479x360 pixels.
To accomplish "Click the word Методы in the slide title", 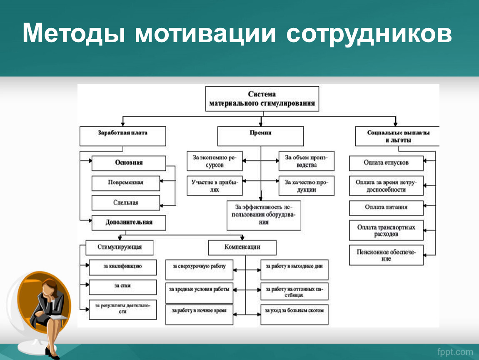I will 74,34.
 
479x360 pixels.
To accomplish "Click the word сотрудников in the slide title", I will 369,34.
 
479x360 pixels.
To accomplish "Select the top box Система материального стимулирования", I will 262,99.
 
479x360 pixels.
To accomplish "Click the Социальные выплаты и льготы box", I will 398,136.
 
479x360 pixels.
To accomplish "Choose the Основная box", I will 129,163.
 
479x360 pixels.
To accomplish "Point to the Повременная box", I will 125,183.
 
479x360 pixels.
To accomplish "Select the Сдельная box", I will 125,202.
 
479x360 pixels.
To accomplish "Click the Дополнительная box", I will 129,222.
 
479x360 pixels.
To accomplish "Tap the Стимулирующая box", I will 120,247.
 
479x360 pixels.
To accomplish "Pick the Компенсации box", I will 242,247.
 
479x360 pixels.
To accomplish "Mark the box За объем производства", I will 306,161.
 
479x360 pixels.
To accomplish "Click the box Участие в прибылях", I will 214,186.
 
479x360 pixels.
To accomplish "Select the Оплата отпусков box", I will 386,163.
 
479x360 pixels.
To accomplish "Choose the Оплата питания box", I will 386,207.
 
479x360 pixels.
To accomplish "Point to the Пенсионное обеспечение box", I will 386,255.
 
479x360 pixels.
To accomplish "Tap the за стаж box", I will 122,287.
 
